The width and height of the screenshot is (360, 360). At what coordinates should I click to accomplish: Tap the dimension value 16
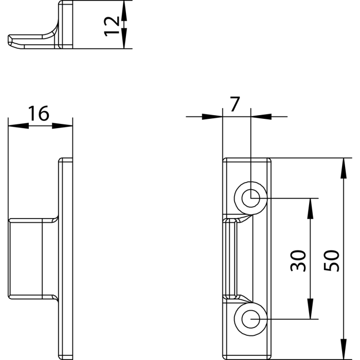pos(39,113)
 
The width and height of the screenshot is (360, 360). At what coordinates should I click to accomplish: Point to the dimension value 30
pos(298,261)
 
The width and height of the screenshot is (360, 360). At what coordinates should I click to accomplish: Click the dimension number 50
pos(331,261)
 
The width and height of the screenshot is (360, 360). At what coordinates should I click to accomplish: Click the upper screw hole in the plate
pos(251,198)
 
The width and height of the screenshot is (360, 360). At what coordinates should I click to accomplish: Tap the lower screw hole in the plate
pos(251,319)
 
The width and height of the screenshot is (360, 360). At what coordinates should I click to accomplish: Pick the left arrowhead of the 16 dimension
pos(19,125)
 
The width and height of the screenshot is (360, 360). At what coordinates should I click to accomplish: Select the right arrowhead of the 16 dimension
pos(62,125)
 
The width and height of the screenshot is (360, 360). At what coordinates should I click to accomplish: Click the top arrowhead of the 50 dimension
pos(343,168)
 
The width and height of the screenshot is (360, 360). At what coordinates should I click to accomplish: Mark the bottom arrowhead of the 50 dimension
pos(343,349)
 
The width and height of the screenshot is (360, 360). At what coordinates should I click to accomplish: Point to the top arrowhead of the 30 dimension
pos(310,208)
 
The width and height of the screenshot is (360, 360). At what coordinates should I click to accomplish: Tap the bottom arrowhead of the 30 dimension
pos(310,309)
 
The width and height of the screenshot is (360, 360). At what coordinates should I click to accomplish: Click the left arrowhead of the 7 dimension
pos(212,117)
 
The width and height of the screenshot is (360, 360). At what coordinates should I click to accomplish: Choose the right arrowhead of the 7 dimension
pos(261,117)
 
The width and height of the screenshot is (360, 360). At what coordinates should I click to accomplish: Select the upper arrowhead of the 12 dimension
pos(124,11)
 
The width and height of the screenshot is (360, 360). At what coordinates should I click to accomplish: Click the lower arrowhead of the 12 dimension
pos(124,39)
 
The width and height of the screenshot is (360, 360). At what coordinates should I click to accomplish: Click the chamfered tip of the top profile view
pos(12,42)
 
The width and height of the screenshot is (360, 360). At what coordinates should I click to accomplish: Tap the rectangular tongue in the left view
pos(33,259)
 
